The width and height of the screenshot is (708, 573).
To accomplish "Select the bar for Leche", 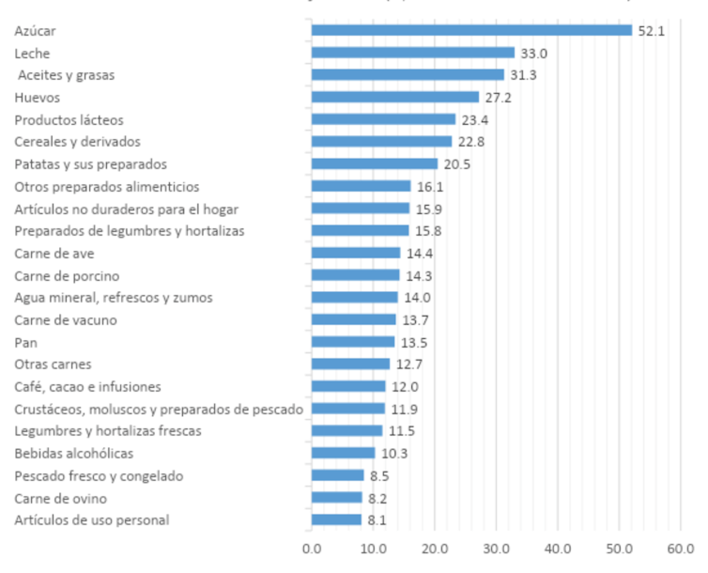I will point(413,53).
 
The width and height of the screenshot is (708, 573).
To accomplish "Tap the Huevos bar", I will point(395,97).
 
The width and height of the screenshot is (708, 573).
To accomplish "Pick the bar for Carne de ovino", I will point(336,498).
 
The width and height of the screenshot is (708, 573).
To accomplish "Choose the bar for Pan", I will point(353,342).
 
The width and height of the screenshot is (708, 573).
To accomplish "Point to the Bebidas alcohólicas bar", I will point(343,454).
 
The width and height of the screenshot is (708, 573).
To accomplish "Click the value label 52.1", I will point(651,31).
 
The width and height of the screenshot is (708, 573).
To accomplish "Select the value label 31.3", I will point(522,75).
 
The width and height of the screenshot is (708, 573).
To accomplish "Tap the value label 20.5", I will point(456,164).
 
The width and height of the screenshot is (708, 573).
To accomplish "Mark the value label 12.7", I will point(408,364).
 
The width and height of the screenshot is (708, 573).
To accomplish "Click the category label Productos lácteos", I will point(69,119).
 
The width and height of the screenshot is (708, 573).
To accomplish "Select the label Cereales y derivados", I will point(77,142).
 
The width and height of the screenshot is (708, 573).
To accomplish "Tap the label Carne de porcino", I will point(67,275).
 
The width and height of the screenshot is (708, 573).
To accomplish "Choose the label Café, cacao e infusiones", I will point(87,387).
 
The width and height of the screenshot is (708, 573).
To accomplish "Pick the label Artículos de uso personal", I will point(92,520).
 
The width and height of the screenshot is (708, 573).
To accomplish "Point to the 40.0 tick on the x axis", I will point(558,548).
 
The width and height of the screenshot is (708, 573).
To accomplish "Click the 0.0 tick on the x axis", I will point(312,548).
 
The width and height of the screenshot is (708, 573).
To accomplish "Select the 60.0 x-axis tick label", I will point(681,548).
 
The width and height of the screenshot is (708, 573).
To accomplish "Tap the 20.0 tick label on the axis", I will point(435,548).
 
